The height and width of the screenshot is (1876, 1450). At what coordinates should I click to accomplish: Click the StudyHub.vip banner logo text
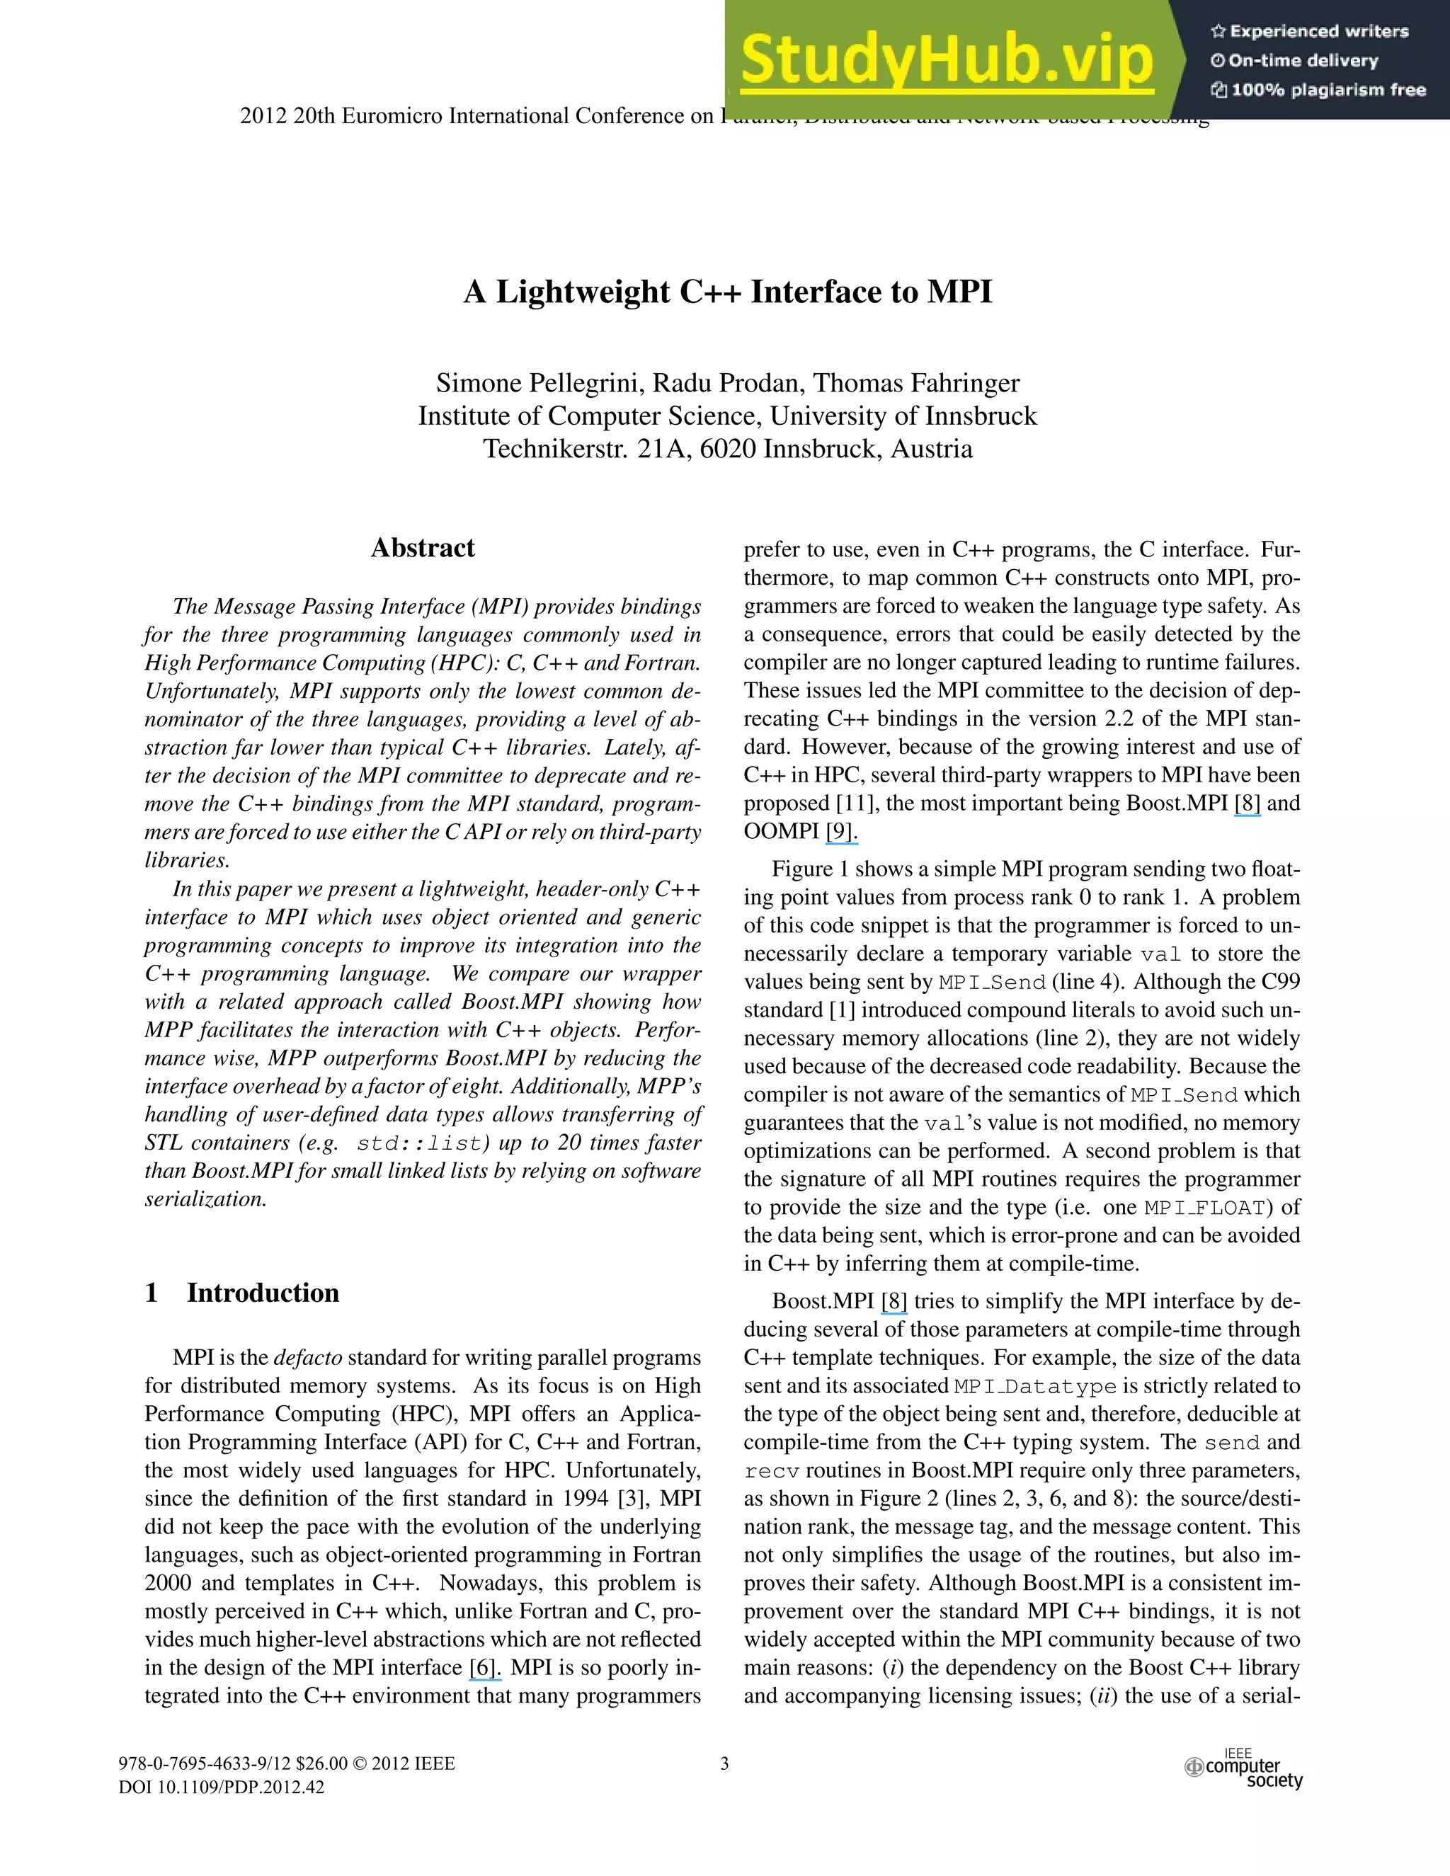tap(947, 60)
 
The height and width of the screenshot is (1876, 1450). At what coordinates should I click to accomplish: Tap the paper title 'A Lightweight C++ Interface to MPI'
tap(728, 292)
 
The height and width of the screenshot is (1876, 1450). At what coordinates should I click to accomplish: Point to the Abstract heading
tap(423, 548)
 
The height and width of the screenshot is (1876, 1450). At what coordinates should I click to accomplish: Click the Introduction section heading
tap(263, 1293)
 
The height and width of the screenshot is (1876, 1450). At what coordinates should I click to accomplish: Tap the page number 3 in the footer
tap(724, 1763)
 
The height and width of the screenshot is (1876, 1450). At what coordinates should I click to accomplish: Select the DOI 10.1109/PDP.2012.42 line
tap(222, 1788)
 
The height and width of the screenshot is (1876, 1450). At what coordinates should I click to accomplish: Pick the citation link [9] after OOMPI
tap(841, 832)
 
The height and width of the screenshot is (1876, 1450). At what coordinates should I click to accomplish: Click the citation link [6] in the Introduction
tap(484, 1668)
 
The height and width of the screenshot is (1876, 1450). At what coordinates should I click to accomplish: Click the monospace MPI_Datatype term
tap(1035, 1386)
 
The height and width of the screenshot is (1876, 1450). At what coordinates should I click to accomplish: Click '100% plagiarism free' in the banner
tap(1318, 90)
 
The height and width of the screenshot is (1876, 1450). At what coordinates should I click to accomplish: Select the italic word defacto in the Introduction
tap(307, 1358)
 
